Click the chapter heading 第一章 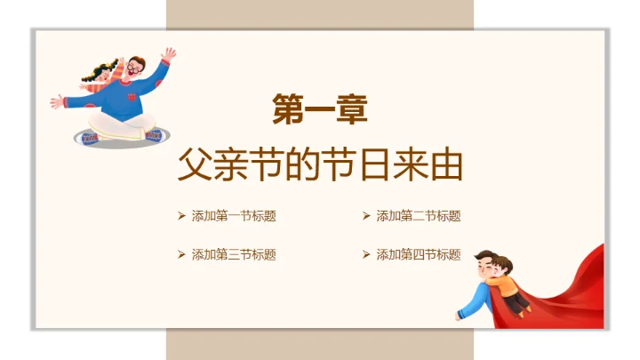pos(319,111)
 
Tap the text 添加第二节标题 pos(418,216)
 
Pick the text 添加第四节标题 pos(418,254)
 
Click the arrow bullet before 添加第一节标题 pos(181,216)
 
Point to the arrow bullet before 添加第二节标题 pos(366,216)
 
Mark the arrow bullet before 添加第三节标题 pos(181,254)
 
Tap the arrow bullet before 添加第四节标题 pos(366,254)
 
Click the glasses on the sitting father pos(134,68)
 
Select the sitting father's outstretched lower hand pos(57,100)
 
